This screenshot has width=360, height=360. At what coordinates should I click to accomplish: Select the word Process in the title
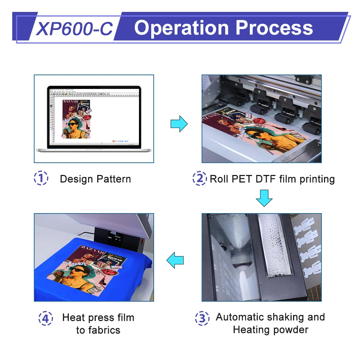277,28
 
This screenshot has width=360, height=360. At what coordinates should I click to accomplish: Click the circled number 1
41,179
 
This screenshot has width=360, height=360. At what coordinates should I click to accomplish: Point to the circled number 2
199,179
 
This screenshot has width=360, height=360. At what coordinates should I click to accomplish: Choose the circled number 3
202,318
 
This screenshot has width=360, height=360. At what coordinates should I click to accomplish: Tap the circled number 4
45,318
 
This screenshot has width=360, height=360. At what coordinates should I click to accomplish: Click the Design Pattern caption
95,179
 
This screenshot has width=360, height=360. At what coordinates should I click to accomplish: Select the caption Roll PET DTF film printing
272,179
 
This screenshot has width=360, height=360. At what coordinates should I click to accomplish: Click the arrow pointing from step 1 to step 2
179,124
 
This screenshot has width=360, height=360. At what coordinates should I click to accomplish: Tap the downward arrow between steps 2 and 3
264,198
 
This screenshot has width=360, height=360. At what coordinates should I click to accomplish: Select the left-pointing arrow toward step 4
175,260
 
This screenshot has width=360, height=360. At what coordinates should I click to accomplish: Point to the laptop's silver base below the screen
94,149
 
